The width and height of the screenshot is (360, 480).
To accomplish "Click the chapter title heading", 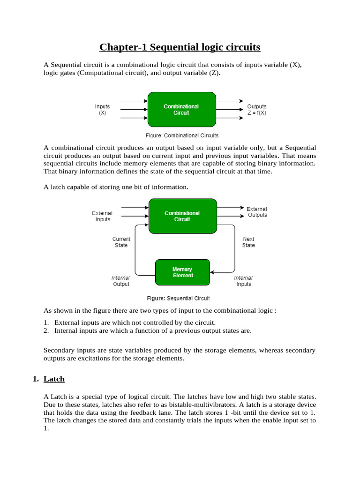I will [x=180, y=47].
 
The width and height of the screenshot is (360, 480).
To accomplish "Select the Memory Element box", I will [x=182, y=273].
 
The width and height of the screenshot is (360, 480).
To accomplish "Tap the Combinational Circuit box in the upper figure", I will [x=181, y=110].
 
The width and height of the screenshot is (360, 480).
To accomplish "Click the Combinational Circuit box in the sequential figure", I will [x=182, y=216].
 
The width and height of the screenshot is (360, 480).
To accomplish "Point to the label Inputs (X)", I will [x=102, y=110].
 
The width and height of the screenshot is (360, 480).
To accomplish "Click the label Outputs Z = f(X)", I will [x=257, y=110].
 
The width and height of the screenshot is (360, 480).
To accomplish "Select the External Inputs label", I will [x=102, y=216].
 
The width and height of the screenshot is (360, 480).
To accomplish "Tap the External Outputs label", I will [x=257, y=212].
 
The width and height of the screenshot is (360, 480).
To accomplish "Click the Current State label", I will [x=121, y=242].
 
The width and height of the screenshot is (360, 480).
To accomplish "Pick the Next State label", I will [x=248, y=242].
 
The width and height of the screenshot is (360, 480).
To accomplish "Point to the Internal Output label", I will [x=120, y=281].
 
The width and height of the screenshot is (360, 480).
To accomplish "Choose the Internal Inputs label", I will [x=243, y=281].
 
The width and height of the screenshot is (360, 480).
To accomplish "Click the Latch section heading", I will [x=54, y=379].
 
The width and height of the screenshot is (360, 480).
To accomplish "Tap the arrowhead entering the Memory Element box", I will [x=212, y=272].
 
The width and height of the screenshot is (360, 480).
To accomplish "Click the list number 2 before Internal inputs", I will [x=46, y=330].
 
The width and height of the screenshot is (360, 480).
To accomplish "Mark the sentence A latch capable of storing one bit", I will [x=116, y=187].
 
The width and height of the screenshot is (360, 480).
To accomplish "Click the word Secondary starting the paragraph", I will [x=58, y=350].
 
